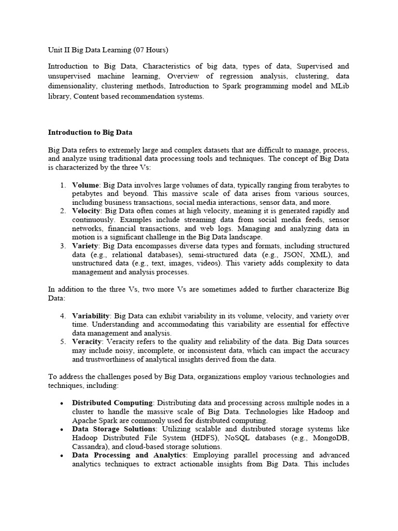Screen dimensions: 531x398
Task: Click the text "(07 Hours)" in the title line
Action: [151, 50]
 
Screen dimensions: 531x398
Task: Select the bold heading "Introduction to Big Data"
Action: [90, 132]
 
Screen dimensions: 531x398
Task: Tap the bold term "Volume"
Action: [86, 185]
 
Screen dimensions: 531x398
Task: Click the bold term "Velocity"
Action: [88, 211]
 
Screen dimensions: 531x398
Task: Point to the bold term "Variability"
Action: [91, 316]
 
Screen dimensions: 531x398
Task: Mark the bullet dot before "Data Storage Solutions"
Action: [62, 429]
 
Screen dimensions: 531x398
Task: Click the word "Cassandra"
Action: [89, 446]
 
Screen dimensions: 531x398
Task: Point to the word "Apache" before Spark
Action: [84, 421]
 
